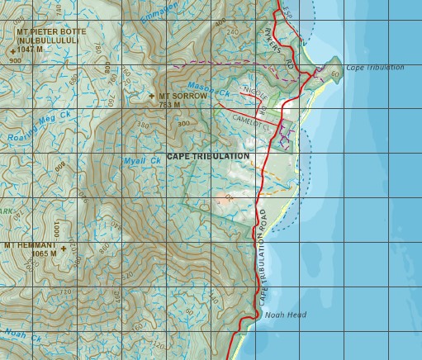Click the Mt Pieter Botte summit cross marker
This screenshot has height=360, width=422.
pyautogui.click(x=13, y=50)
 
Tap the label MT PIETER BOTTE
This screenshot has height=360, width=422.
pyautogui.click(x=51, y=32)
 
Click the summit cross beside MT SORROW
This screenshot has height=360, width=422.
pyautogui.click(x=151, y=97)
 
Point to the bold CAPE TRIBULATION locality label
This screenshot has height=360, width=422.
pyautogui.click(x=207, y=156)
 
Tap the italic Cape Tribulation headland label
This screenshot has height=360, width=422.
pyautogui.click(x=375, y=68)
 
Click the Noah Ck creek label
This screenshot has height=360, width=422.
pyautogui.click(x=22, y=334)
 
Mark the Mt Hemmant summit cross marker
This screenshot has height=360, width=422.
pyautogui.click(x=63, y=247)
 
